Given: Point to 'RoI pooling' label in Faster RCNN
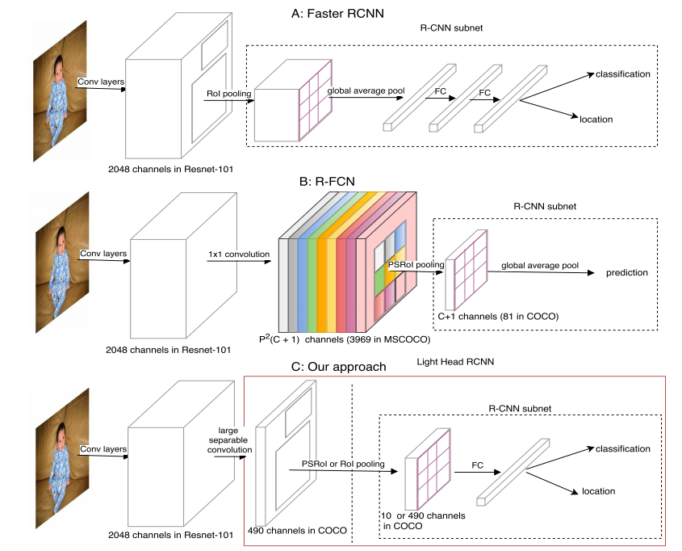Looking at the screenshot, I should [229, 94].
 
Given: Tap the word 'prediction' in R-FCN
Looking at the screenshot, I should [627, 272].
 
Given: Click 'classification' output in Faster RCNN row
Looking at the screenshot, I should [622, 74].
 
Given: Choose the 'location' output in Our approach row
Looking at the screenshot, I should [598, 490].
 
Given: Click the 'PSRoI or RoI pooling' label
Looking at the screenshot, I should [343, 465].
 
